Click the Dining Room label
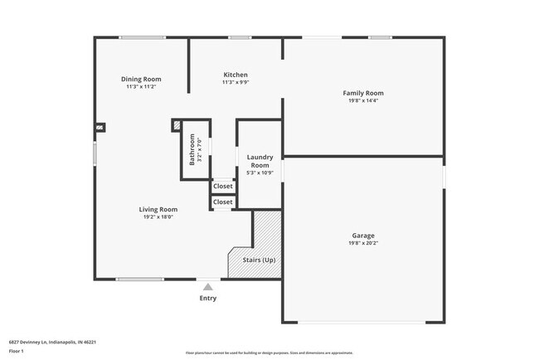pyautogui.click(x=141, y=79)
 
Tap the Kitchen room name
pyautogui.click(x=236, y=75)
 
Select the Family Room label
pyautogui.click(x=363, y=93)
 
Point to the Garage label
pyautogui.click(x=363, y=236)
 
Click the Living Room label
pyautogui.click(x=158, y=210)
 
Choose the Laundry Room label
pyautogui.click(x=260, y=161)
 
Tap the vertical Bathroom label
pyautogui.click(x=192, y=149)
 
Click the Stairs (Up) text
pyautogui.click(x=259, y=260)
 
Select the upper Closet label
pyautogui.click(x=223, y=187)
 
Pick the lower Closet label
pyautogui.click(x=223, y=202)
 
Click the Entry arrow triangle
pyautogui.click(x=208, y=287)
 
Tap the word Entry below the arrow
pyautogui.click(x=208, y=299)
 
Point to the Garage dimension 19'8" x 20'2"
pyautogui.click(x=363, y=244)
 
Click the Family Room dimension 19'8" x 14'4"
pyautogui.click(x=363, y=101)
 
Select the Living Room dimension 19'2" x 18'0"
pyautogui.click(x=158, y=217)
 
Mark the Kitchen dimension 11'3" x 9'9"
pyautogui.click(x=236, y=83)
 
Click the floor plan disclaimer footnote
pyautogui.click(x=269, y=353)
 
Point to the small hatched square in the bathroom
pyautogui.click(x=176, y=124)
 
